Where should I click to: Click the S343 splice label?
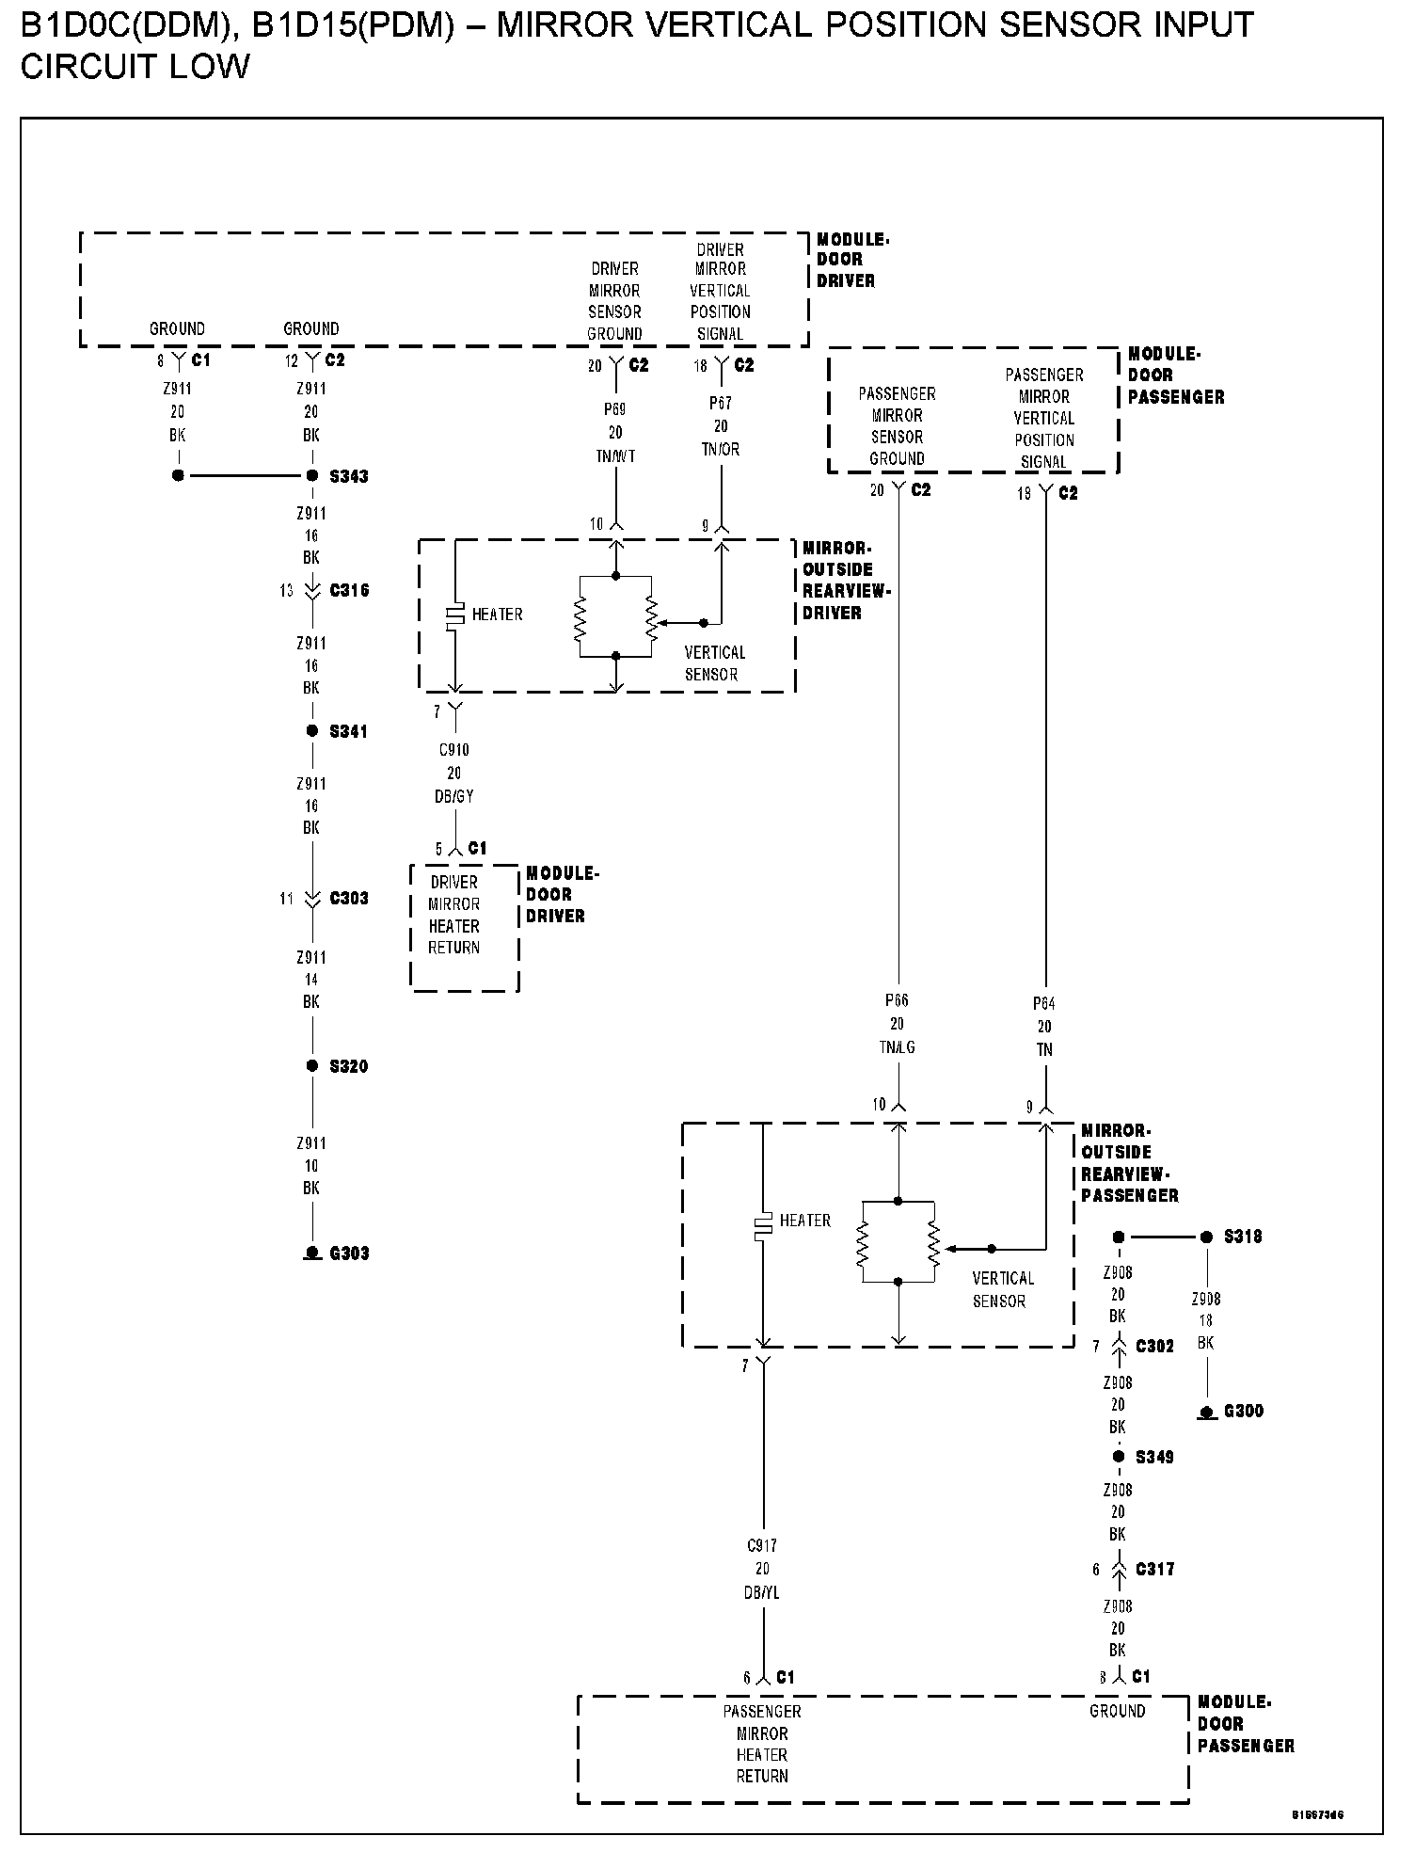point(348,476)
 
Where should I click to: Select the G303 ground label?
point(349,1253)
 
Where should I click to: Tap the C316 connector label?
point(349,591)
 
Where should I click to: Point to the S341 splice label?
point(348,731)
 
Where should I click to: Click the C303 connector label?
point(349,899)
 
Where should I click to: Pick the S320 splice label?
point(348,1066)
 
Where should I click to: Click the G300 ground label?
point(1243,1411)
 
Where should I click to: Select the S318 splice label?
point(1243,1237)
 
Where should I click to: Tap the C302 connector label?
point(1154,1347)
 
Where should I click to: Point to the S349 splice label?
point(1154,1457)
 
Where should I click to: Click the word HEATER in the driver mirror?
point(497,615)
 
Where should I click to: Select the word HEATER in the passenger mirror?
point(804,1221)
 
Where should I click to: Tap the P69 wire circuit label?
point(615,409)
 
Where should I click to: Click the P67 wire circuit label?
point(721,403)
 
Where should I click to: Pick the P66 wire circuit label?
point(897,1000)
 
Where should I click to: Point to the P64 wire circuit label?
point(1044,1003)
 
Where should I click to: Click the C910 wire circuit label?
point(454,750)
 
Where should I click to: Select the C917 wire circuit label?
point(762,1545)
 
